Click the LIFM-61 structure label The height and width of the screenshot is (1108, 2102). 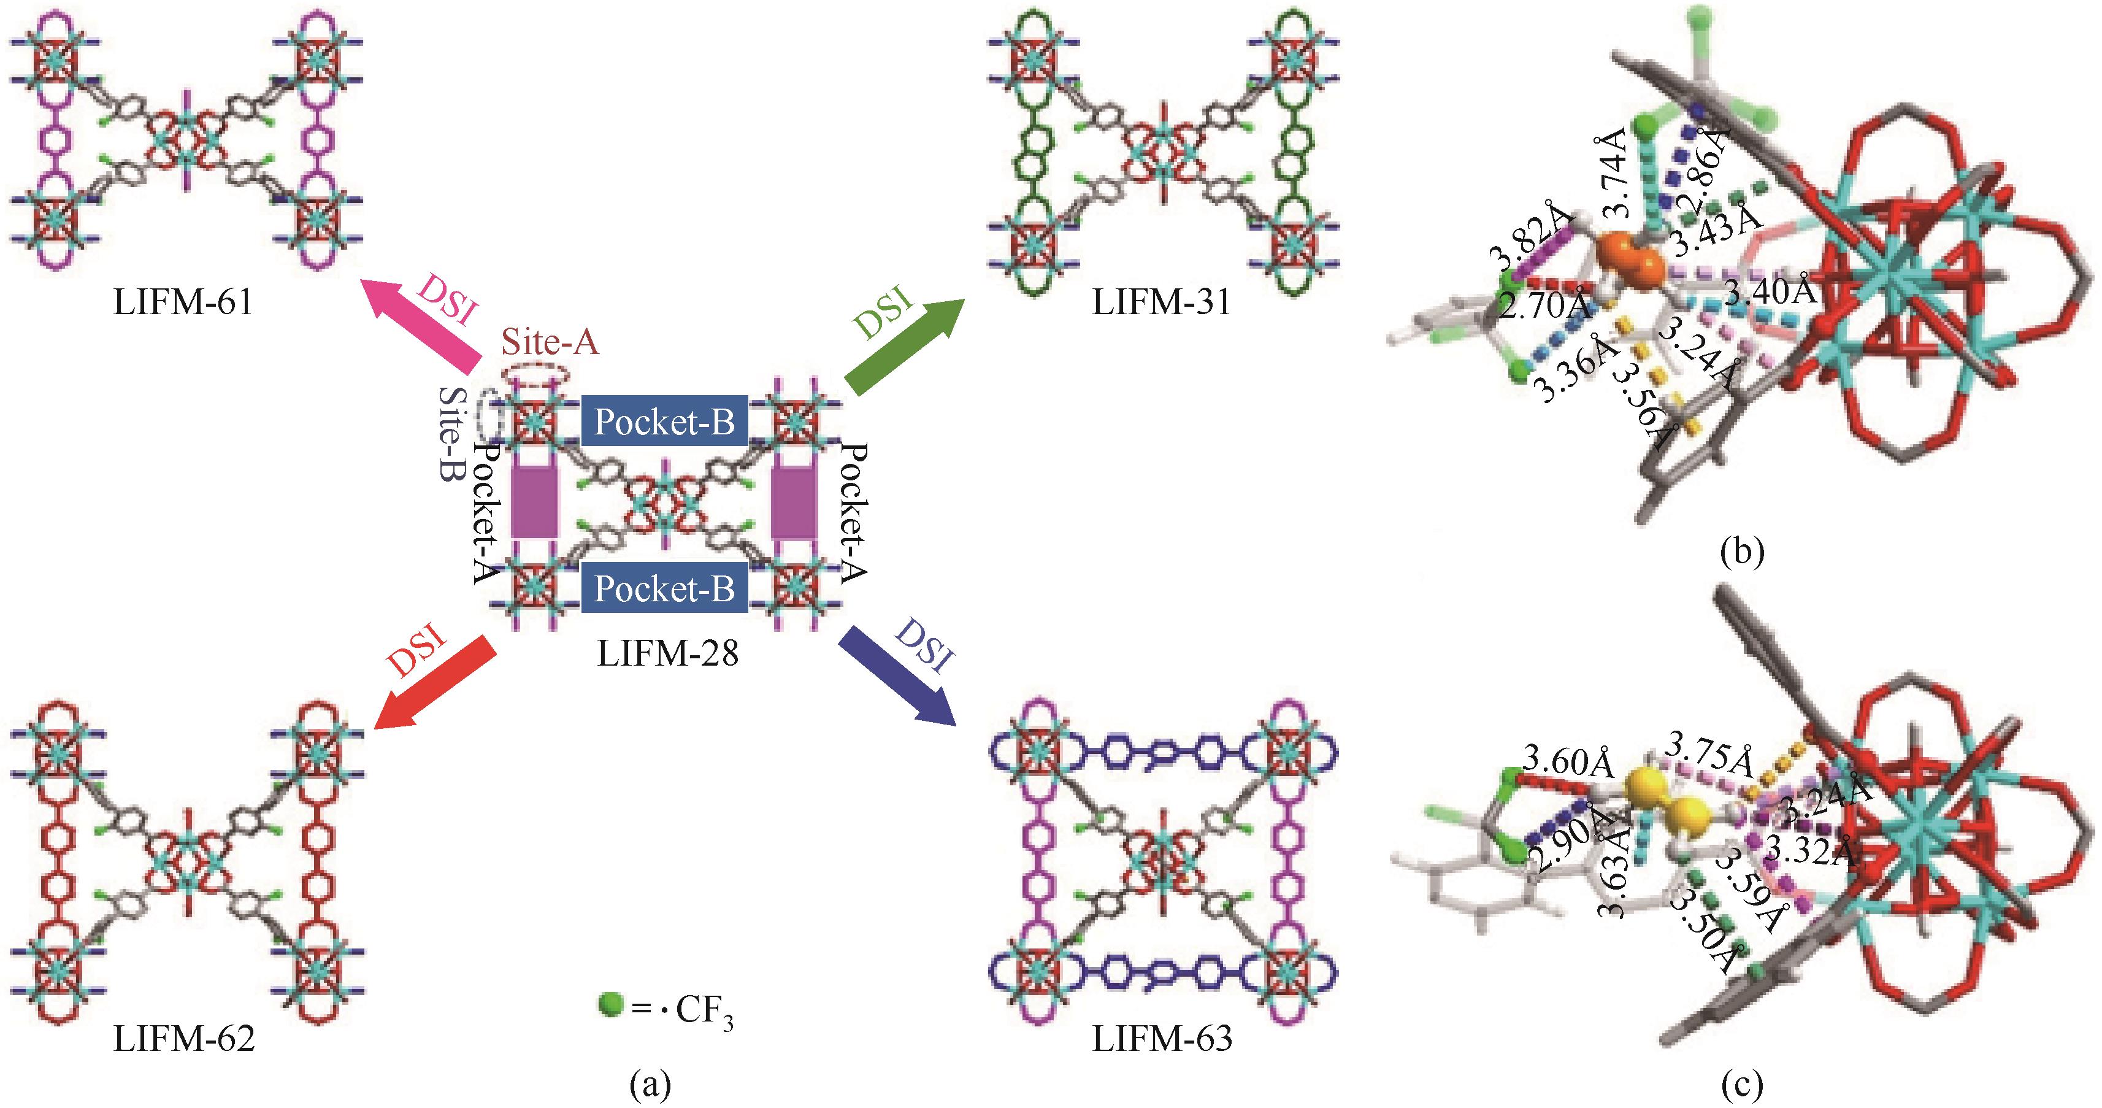tap(183, 302)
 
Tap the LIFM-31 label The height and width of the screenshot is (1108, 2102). tap(1161, 302)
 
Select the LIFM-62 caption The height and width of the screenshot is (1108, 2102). tap(183, 1039)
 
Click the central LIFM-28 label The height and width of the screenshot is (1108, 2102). tap(667, 653)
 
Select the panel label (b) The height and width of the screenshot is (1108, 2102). tap(1741, 552)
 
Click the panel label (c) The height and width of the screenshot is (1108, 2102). tap(1741, 1083)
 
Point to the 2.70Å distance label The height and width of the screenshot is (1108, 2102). tap(1546, 306)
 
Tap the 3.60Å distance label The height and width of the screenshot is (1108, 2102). tap(1568, 761)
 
